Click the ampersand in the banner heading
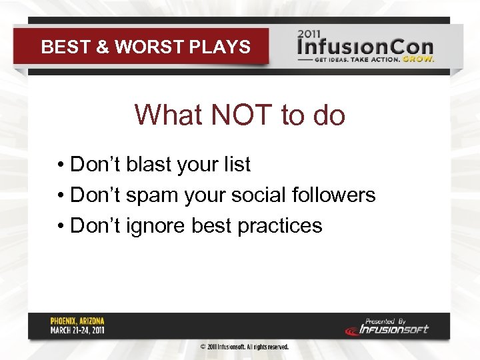pos(103,47)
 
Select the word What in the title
pos(169,115)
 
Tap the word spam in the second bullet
pos(145,195)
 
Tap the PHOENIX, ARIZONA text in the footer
pos(77,321)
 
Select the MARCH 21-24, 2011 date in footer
pos(77,330)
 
